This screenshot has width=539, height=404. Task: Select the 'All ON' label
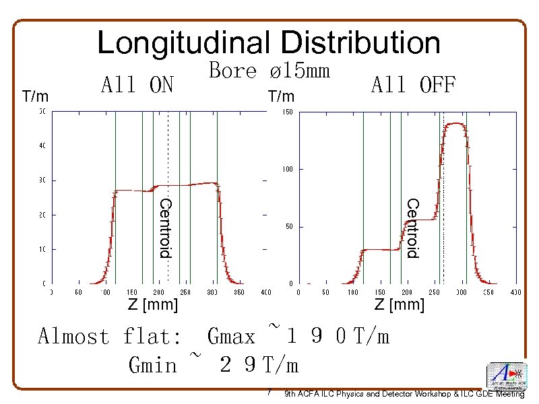pos(137,86)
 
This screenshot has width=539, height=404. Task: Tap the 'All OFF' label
pos(413,86)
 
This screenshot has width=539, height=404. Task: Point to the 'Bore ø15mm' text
pos(269,70)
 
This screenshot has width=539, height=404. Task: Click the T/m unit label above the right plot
pos(281,97)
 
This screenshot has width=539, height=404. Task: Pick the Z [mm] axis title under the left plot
pos(154,305)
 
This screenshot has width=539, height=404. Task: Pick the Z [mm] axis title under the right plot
pos(400,305)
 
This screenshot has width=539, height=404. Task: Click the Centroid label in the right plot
pos(412,228)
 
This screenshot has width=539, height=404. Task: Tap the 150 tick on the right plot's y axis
pos(286,112)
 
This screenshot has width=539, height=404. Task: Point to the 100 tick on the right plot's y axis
pos(286,169)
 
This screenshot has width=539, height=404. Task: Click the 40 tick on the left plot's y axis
pos(42,145)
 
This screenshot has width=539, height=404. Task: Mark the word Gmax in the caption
pos(231,336)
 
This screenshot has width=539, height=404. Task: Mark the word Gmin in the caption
pos(152,365)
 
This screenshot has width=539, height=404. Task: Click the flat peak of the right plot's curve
pos(457,124)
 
